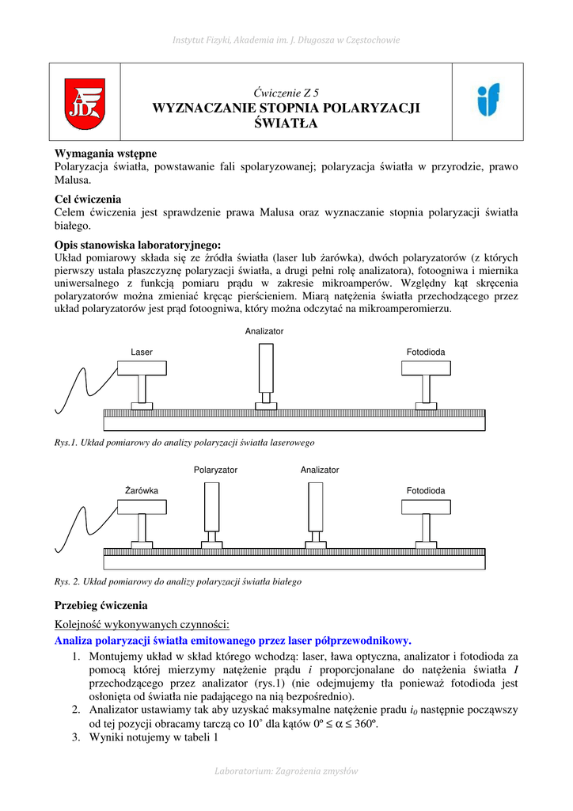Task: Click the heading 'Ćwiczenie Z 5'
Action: (286, 93)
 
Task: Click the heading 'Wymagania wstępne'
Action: (105, 153)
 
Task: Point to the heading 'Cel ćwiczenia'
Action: (88, 199)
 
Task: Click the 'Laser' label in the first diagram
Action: (142, 352)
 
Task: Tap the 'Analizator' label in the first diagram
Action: (264, 331)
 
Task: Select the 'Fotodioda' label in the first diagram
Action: (426, 352)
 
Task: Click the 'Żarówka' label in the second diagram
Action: (142, 491)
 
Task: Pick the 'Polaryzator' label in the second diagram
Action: (215, 470)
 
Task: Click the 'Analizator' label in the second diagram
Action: (320, 470)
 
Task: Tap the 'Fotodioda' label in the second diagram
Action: (426, 491)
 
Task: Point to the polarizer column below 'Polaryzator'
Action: (212, 508)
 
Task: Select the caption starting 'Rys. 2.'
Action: (178, 581)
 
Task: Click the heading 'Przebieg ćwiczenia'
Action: (101, 605)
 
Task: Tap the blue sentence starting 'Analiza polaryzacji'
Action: (233, 640)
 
